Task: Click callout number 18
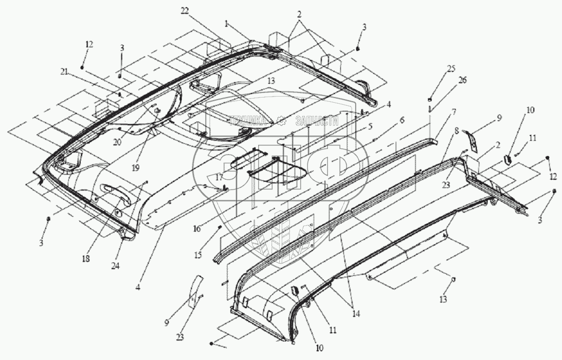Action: pyautogui.click(x=85, y=258)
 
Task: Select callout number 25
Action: pyautogui.click(x=436, y=68)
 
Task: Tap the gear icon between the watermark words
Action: pyautogui.click(x=282, y=121)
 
